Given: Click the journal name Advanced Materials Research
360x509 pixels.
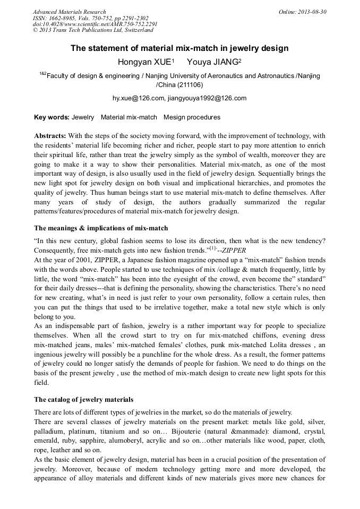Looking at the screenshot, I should (x=69, y=12).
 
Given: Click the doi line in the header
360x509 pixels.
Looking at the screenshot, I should (x=95, y=24).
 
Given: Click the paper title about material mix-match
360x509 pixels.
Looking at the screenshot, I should (x=179, y=48).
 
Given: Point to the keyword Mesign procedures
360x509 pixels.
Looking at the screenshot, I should (x=192, y=117).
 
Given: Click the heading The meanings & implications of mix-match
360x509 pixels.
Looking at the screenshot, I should (x=101, y=228).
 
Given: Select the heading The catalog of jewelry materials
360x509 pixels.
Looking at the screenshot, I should (x=84, y=400).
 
